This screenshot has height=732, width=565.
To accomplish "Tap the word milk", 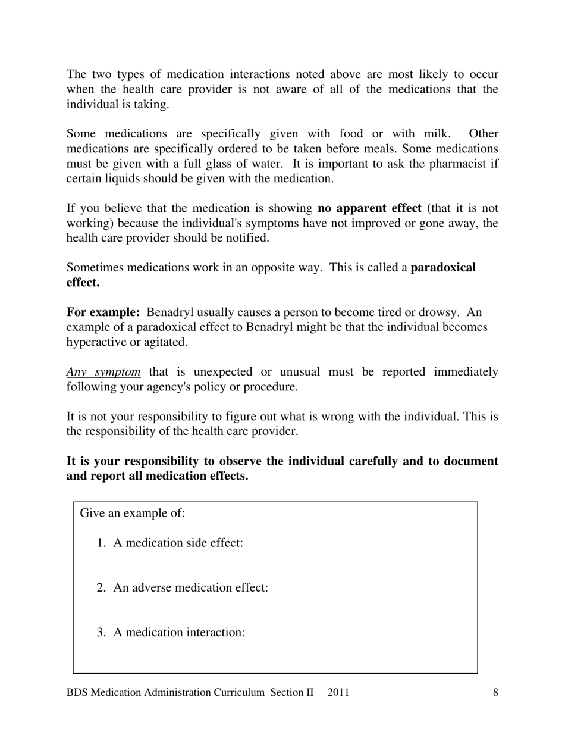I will [436, 134].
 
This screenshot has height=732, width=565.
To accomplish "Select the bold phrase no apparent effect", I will [369, 208].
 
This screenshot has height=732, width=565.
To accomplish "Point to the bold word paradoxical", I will [443, 268].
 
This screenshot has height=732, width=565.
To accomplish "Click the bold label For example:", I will [103, 312].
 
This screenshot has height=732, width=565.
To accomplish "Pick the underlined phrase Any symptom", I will [103, 372].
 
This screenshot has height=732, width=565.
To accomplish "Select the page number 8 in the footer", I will [495, 692].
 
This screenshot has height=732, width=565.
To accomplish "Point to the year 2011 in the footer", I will [338, 692].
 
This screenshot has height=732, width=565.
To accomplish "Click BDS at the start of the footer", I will [77, 692].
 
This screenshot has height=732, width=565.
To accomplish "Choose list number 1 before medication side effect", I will [101, 543].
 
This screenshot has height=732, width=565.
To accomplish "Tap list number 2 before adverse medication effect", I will [101, 588].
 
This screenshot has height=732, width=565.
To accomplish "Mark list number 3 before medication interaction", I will [101, 633].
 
